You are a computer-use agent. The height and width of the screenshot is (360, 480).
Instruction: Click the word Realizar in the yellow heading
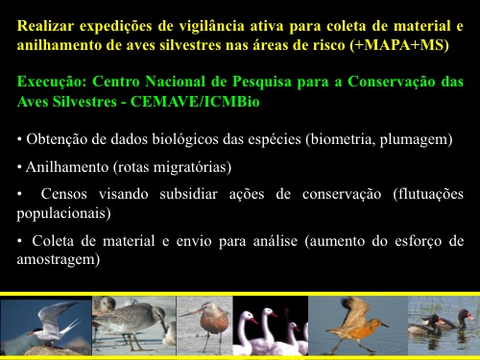pyautogui.click(x=45, y=26)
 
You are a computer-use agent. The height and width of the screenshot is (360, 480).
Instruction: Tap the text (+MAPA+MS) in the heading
pyautogui.click(x=399, y=45)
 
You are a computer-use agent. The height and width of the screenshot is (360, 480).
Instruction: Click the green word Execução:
pyautogui.click(x=52, y=82)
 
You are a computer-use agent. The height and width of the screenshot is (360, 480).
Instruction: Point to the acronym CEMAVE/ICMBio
pyautogui.click(x=195, y=102)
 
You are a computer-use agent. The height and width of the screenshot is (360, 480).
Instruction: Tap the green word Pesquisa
pyautogui.click(x=262, y=82)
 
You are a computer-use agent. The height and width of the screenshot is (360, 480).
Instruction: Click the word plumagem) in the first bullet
pyautogui.click(x=416, y=140)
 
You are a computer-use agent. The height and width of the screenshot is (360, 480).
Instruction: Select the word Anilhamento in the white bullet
pyautogui.click(x=67, y=167)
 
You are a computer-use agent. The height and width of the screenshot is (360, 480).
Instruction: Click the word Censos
pyautogui.click(x=63, y=194)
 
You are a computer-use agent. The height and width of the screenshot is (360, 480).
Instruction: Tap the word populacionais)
pyautogui.click(x=63, y=213)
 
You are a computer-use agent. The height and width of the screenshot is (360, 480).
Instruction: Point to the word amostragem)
pyautogui.click(x=59, y=259)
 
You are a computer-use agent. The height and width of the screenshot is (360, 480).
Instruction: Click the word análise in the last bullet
pyautogui.click(x=276, y=241)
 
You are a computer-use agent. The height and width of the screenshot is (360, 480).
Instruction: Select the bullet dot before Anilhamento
pyautogui.click(x=19, y=167)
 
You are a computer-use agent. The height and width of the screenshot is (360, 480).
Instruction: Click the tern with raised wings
pyautogui.click(x=55, y=324)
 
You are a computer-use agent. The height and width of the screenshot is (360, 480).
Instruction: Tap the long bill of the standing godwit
pyautogui.click(x=191, y=312)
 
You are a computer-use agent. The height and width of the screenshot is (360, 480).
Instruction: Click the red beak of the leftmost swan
pyautogui.click(x=254, y=321)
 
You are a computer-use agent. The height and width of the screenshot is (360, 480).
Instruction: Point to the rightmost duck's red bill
pyautogui.click(x=470, y=317)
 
